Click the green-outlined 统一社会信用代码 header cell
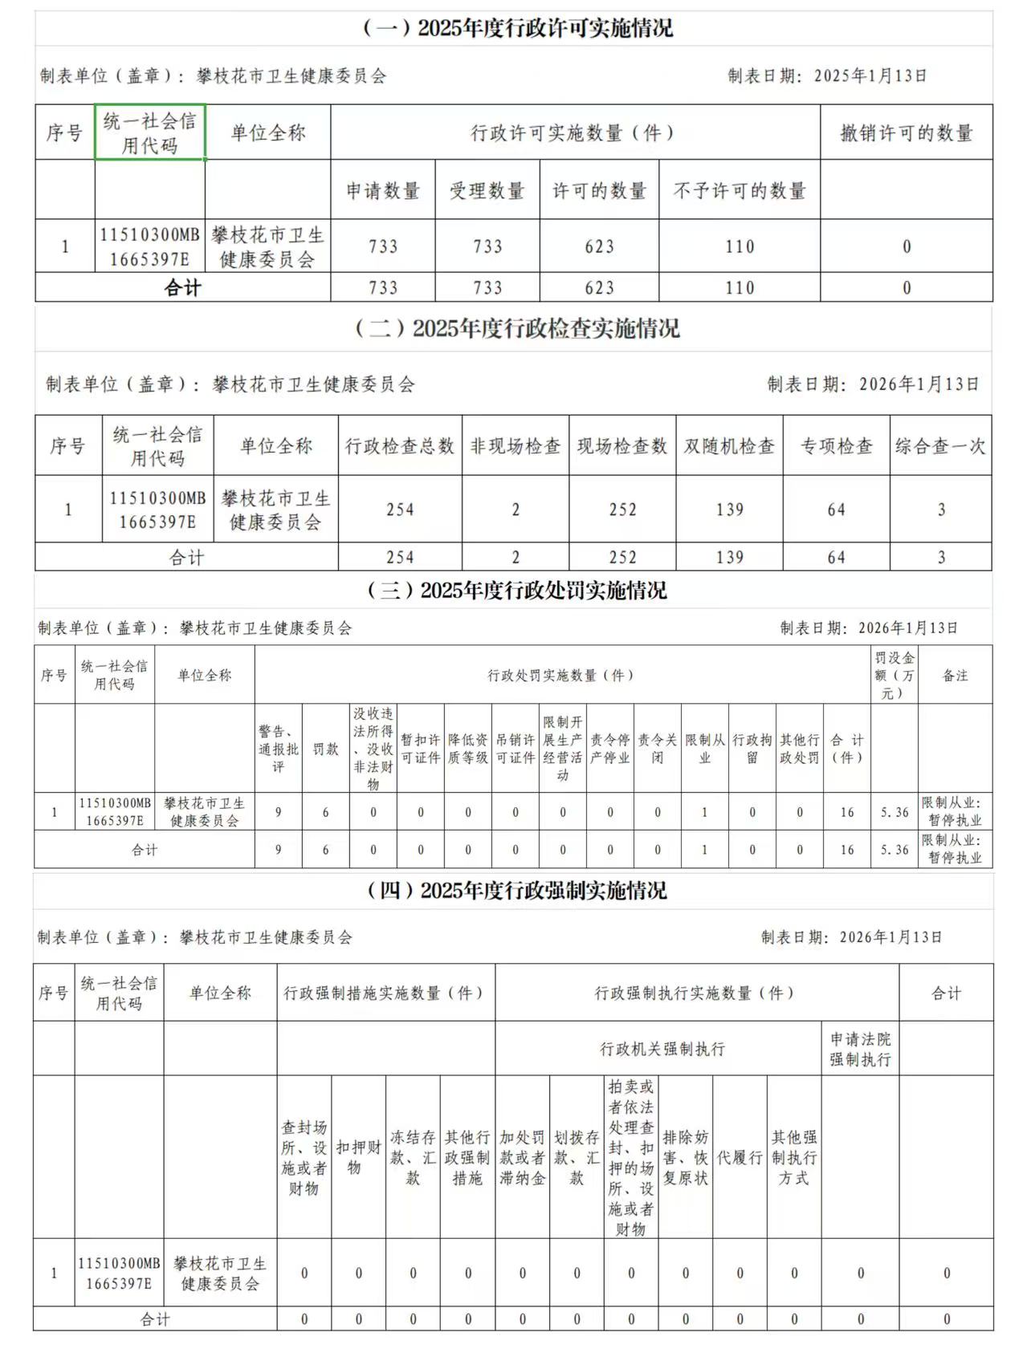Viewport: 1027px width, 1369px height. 150,132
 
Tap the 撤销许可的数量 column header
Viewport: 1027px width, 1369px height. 906,132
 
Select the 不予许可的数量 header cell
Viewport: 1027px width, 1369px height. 739,190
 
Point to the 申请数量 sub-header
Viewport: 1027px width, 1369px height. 383,190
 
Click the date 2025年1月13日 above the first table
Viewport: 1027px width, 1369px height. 870,75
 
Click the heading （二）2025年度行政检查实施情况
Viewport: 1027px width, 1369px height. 517,328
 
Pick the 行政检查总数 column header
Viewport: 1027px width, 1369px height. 400,445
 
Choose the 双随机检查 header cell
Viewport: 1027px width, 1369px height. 729,445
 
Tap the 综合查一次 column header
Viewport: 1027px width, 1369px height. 940,445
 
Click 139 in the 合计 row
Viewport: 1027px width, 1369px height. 729,557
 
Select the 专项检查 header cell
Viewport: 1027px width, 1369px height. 836,445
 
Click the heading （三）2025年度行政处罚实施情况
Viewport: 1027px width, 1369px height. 517,591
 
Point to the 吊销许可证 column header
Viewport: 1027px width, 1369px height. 516,748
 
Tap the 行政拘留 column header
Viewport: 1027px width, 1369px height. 752,748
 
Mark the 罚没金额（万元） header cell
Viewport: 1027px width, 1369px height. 894,675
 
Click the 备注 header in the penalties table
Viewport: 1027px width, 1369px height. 955,675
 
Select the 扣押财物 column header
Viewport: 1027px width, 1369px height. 358,1156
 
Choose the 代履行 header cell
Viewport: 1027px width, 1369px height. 740,1156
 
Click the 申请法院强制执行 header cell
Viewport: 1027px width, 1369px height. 860,1048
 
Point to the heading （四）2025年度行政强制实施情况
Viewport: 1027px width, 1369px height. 517,891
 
